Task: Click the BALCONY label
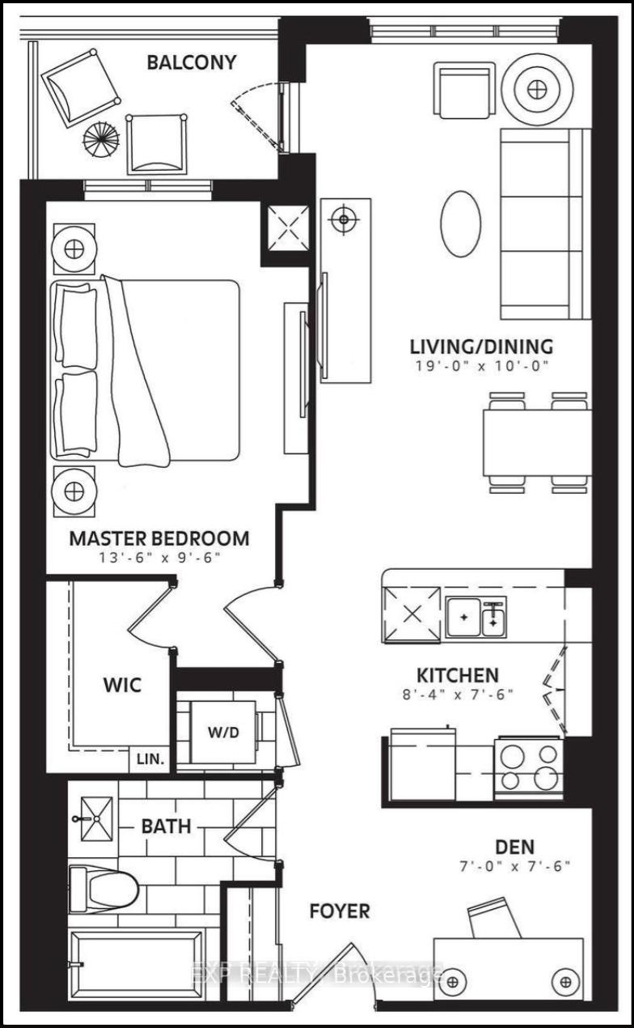pyautogui.click(x=191, y=62)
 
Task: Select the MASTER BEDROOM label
pyautogui.click(x=158, y=538)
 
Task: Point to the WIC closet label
pyautogui.click(x=122, y=685)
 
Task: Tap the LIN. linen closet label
pyautogui.click(x=150, y=759)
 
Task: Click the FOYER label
pyautogui.click(x=340, y=911)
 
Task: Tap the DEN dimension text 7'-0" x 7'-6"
pyautogui.click(x=515, y=866)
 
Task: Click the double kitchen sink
pyautogui.click(x=476, y=619)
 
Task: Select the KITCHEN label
pyautogui.click(x=457, y=675)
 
